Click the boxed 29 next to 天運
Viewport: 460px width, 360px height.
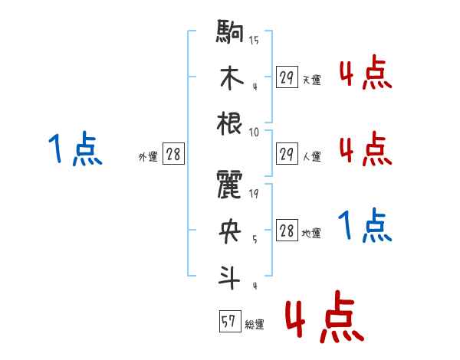(287, 77)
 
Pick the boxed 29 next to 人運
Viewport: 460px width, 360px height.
(287, 154)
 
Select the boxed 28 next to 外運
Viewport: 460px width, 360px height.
(173, 155)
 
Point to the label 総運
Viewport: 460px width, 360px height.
(255, 325)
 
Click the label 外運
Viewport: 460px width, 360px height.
(147, 157)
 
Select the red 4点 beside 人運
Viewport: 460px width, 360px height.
(365, 148)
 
